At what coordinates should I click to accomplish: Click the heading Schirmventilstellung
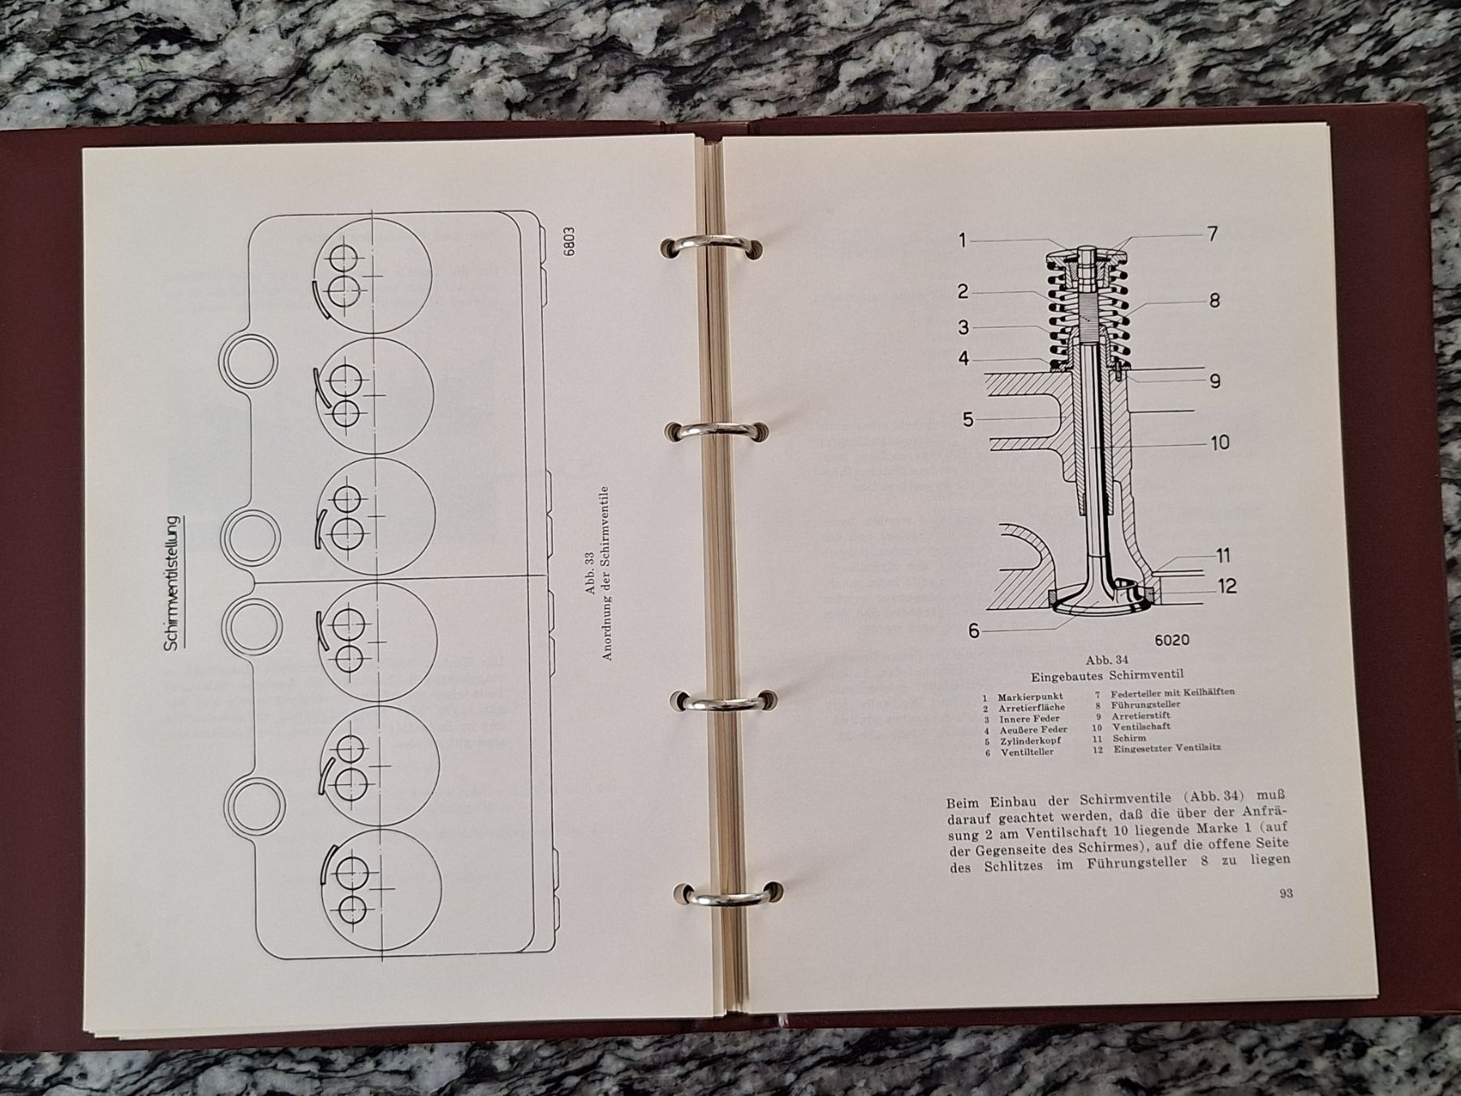coord(173,582)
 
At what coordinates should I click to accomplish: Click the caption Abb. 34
coord(1106,660)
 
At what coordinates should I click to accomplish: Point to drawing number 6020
coord(1171,640)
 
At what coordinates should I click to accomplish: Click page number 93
coord(1286,894)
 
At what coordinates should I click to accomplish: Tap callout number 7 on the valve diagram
coord(1211,234)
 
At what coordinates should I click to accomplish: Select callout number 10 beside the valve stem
coord(1220,442)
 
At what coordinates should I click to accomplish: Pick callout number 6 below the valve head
coord(973,631)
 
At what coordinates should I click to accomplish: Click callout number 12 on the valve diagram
coord(1227,585)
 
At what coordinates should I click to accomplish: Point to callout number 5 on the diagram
coord(968,420)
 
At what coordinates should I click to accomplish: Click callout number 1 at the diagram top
coord(963,240)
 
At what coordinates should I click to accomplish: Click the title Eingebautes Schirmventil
coord(1107,675)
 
